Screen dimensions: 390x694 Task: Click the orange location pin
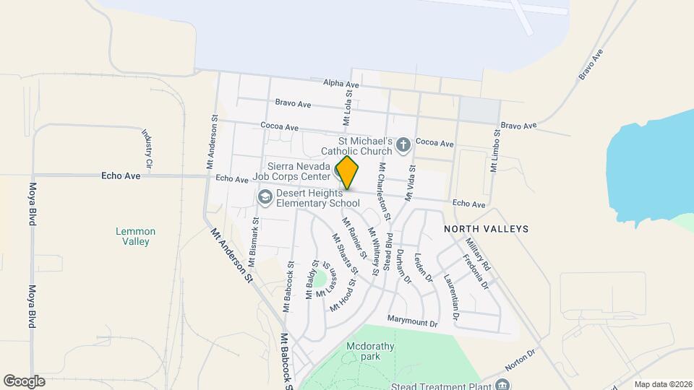[348, 173]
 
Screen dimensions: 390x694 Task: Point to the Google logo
[24, 381]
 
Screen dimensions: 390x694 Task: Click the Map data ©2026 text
[661, 384]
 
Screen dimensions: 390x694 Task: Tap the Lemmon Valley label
[135, 236]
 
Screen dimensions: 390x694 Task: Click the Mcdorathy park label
[371, 351]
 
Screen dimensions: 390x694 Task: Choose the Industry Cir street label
[147, 149]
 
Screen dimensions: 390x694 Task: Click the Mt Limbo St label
[495, 151]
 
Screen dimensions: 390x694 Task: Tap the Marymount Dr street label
[413, 323]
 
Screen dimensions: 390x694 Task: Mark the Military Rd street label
[477, 253]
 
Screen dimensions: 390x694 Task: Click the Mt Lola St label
[348, 103]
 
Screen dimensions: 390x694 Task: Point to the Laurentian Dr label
[452, 296]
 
